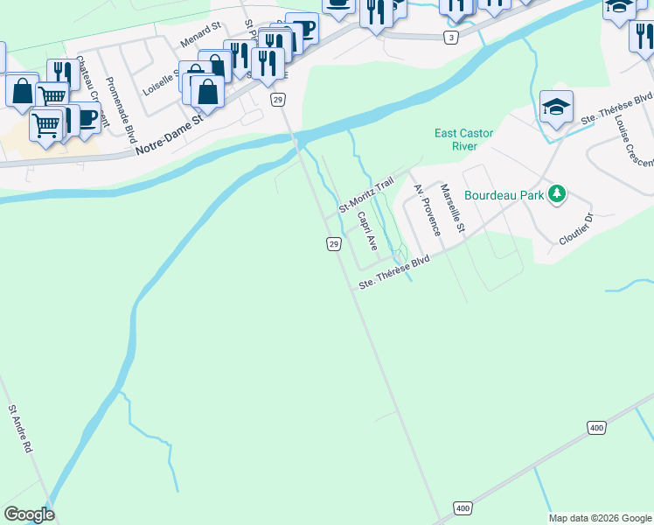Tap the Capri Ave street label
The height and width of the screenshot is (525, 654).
click(x=367, y=230)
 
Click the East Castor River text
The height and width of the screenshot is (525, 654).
click(x=464, y=140)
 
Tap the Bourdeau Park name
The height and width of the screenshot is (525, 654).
click(x=504, y=194)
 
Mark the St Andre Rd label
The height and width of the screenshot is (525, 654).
click(x=21, y=428)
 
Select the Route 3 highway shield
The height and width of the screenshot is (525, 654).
click(x=450, y=38)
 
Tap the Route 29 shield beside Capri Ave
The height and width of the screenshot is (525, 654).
click(x=333, y=244)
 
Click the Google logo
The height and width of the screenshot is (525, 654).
click(x=29, y=514)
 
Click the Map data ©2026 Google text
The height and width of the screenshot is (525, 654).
click(x=600, y=518)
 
